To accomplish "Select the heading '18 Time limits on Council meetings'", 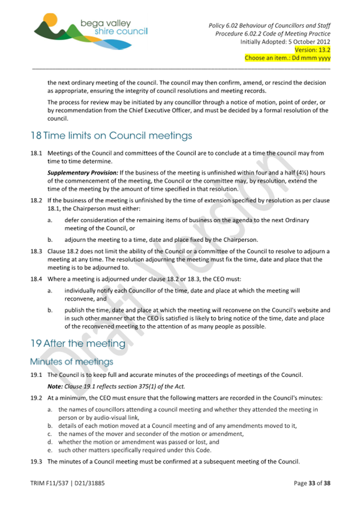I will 111,135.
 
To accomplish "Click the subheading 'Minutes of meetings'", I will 71,362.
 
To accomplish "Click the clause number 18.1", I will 36,153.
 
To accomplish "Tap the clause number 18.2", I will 36,200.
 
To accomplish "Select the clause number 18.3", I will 36,251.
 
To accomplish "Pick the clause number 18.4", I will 36,279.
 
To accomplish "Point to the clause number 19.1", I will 36,375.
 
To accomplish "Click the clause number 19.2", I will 36,398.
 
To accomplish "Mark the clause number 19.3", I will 36,461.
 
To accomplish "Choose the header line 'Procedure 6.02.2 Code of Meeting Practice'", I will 273,34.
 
